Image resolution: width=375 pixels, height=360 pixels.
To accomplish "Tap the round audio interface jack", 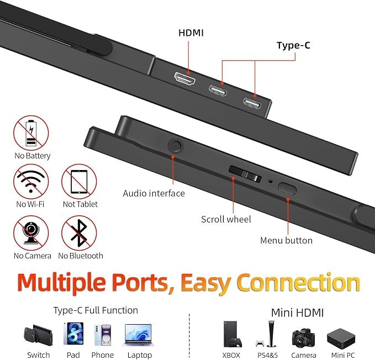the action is click(x=175, y=146).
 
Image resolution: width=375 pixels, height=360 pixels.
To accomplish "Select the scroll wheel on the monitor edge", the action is click(x=245, y=174).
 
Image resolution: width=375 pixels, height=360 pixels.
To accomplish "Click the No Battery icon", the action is click(x=31, y=133).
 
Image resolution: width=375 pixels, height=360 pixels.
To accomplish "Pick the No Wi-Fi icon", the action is click(x=31, y=182).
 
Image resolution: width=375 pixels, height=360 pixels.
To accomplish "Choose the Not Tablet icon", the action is click(x=79, y=182).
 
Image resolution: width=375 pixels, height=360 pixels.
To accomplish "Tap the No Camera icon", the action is click(x=31, y=233).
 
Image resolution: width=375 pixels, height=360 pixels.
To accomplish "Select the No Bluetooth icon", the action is click(x=79, y=233).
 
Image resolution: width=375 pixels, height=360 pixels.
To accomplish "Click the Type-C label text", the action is click(x=293, y=45).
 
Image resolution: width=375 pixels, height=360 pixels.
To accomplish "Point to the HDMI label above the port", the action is click(x=191, y=33).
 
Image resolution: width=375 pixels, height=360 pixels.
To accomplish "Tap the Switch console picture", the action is click(x=38, y=335).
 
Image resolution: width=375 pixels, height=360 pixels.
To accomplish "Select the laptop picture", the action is click(x=139, y=335).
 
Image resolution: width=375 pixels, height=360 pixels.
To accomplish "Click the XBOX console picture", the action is click(x=232, y=334).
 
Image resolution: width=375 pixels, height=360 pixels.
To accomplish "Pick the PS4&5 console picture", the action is click(x=267, y=334).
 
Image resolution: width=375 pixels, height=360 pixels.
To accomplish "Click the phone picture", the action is click(x=103, y=335).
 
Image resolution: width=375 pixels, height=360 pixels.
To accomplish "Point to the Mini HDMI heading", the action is click(x=298, y=313).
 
